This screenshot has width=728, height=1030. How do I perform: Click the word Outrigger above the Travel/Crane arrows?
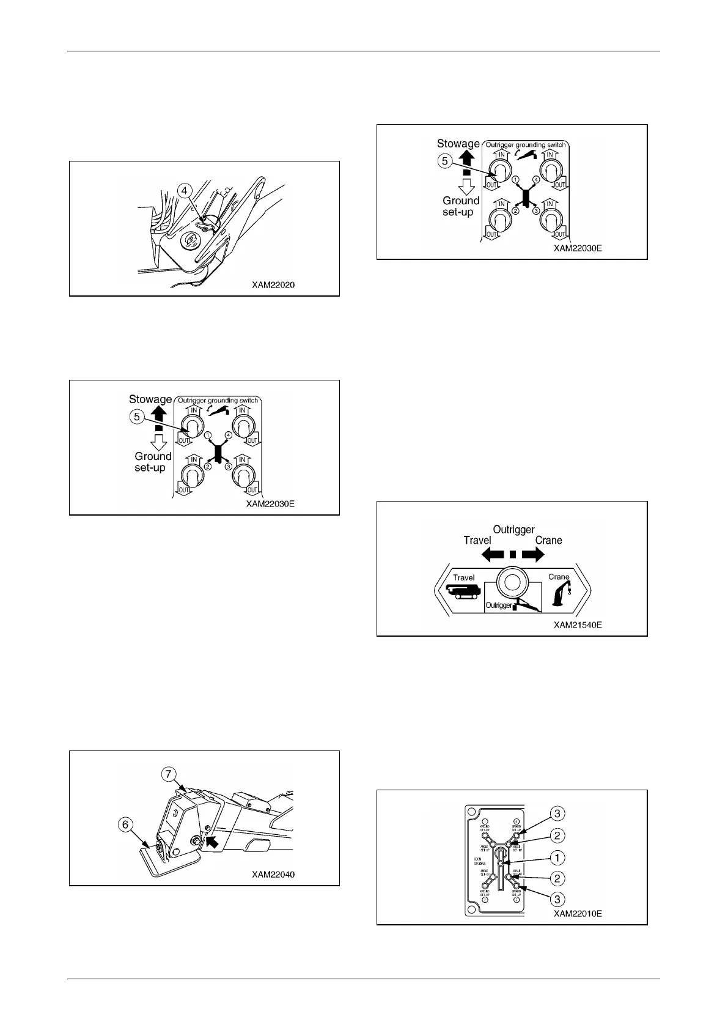[513, 530]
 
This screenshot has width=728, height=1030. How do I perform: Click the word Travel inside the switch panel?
[464, 577]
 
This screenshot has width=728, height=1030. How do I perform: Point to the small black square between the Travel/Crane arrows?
[513, 554]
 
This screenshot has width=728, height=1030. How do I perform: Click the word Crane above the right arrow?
[548, 540]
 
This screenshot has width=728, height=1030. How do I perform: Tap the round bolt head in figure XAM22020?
[189, 241]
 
